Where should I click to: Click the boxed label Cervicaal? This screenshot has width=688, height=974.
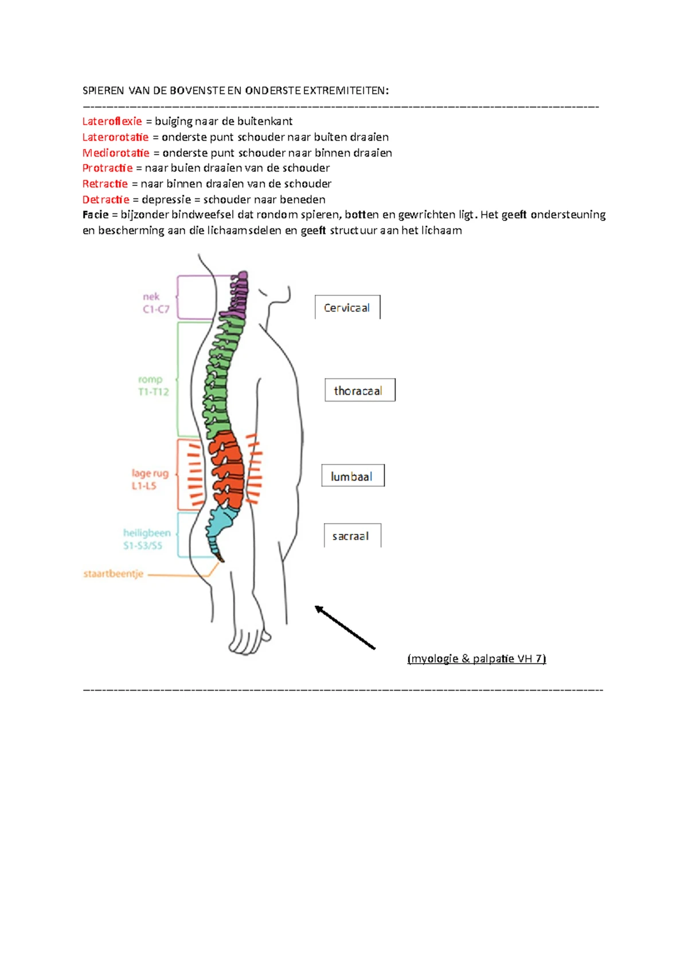pyautogui.click(x=347, y=308)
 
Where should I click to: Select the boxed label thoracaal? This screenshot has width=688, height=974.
pyautogui.click(x=359, y=391)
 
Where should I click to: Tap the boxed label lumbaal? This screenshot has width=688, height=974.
pyautogui.click(x=352, y=476)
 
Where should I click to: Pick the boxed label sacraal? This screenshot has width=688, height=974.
pyautogui.click(x=351, y=536)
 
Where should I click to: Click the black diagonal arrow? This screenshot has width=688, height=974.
pyautogui.click(x=345, y=628)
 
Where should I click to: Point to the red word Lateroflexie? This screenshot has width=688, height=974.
pyautogui.click(x=112, y=122)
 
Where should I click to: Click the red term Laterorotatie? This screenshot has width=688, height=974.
pyautogui.click(x=115, y=137)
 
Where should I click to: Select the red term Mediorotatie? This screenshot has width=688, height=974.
pyautogui.click(x=116, y=153)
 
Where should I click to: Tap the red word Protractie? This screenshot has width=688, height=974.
pyautogui.click(x=107, y=168)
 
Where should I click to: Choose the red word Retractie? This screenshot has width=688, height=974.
pyautogui.click(x=105, y=184)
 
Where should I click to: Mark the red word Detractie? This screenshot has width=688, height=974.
pyautogui.click(x=106, y=200)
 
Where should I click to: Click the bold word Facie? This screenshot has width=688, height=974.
pyautogui.click(x=95, y=215)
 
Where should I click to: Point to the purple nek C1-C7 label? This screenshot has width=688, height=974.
pyautogui.click(x=155, y=303)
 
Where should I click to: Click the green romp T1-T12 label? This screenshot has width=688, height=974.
pyautogui.click(x=153, y=385)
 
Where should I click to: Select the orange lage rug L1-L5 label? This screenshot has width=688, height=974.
pyautogui.click(x=149, y=480)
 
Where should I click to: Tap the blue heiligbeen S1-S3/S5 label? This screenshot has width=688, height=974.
pyautogui.click(x=146, y=539)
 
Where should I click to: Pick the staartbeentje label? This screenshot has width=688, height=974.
pyautogui.click(x=114, y=574)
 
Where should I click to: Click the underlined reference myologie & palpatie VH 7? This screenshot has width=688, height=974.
pyautogui.click(x=476, y=659)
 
